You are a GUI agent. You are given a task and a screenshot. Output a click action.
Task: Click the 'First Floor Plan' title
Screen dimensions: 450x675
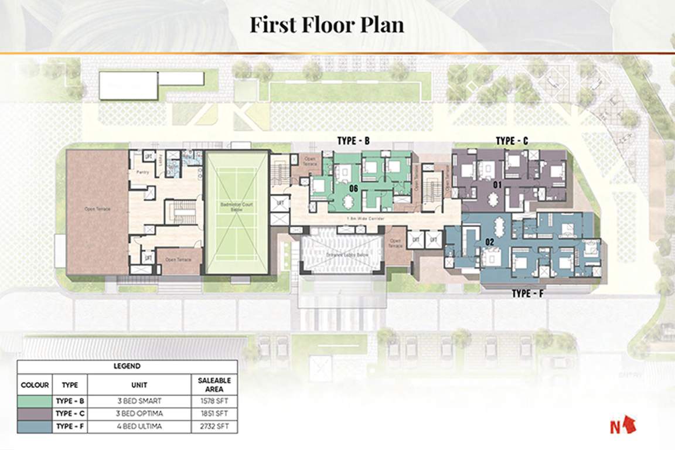327,25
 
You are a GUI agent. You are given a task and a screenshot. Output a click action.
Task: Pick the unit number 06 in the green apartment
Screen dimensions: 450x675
353,189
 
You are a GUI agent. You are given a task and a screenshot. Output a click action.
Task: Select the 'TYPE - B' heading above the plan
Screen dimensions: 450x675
353,141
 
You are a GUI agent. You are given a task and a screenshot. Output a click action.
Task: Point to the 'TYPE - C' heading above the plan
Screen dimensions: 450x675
512,141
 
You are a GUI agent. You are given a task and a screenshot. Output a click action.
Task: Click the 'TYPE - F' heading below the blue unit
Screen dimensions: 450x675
528,292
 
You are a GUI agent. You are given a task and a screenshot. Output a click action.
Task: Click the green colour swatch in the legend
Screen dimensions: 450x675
35,401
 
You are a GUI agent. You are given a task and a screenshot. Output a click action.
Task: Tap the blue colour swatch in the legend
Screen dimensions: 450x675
35,427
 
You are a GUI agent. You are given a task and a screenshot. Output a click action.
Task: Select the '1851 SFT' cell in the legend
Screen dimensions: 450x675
214,414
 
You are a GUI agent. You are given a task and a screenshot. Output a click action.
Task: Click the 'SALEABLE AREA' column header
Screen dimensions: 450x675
214,385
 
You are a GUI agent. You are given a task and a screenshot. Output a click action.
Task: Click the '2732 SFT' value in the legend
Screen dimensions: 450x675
214,427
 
